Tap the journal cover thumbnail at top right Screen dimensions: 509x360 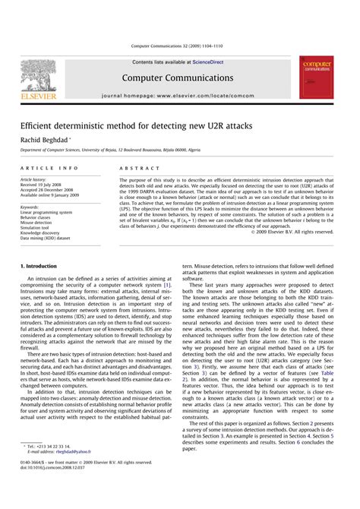(x=320, y=76)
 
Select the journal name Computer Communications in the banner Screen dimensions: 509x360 (x=179, y=78)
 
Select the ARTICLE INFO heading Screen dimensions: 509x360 (x=49, y=168)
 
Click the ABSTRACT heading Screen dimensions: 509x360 (x=134, y=168)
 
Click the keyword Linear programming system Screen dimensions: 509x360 (x=47, y=212)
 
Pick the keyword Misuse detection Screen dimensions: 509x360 (x=39, y=222)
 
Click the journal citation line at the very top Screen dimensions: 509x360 (x=179, y=46)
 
